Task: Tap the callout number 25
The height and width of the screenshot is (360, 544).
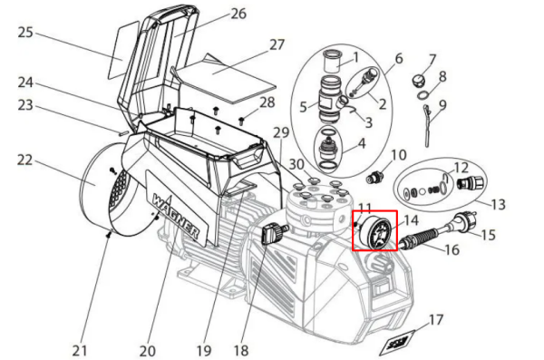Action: click(x=25, y=33)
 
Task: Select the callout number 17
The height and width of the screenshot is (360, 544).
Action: click(x=436, y=320)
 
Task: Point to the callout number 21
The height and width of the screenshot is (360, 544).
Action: click(x=80, y=351)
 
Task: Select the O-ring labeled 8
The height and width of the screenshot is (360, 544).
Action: click(x=423, y=94)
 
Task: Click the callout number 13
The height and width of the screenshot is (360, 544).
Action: click(x=498, y=204)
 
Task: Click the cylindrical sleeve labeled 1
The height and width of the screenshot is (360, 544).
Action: click(x=332, y=61)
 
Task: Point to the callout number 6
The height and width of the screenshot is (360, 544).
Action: click(x=399, y=59)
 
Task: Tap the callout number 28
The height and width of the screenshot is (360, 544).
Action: click(x=267, y=102)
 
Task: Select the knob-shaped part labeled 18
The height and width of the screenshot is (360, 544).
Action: click(x=274, y=233)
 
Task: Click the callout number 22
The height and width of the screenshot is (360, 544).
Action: click(x=25, y=160)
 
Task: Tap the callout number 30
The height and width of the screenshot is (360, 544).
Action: click(x=296, y=164)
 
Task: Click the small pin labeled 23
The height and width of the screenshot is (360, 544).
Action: click(x=122, y=132)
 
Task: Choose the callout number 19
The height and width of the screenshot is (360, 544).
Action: click(x=204, y=351)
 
